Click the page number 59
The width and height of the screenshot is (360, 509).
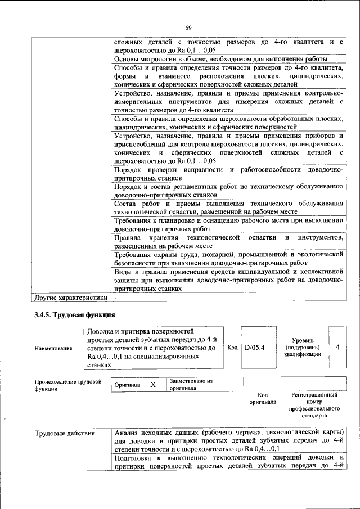(189, 28)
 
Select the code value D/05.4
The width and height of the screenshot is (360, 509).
(254, 348)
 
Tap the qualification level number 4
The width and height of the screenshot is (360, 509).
(337, 348)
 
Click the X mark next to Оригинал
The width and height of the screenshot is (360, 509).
(152, 385)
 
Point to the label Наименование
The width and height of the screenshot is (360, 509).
(53, 349)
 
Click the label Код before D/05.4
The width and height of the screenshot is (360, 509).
(232, 348)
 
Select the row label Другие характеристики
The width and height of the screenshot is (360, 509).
(70, 297)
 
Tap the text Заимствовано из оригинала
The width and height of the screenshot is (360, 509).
(190, 384)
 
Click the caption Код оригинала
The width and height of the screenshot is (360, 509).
(262, 399)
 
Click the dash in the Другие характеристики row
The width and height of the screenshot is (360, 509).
(116, 297)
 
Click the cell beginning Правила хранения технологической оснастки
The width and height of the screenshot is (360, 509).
(228, 242)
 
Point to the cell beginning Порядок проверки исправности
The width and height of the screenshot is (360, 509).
(228, 173)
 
